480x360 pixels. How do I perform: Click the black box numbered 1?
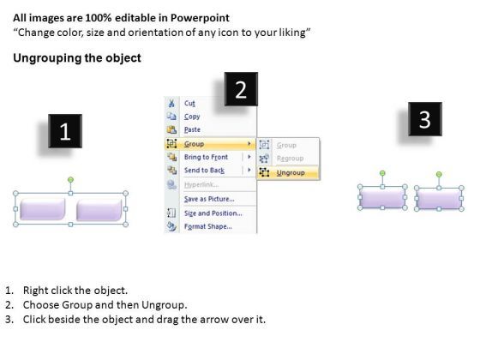click(65, 131)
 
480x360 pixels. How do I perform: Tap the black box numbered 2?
click(241, 89)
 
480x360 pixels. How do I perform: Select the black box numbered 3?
click(425, 119)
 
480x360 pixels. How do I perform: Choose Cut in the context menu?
click(189, 103)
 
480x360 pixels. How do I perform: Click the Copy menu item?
click(192, 117)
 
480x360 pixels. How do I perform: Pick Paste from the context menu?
click(192, 129)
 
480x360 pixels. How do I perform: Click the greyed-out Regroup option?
click(290, 159)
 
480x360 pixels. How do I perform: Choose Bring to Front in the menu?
click(206, 157)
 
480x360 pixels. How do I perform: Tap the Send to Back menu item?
click(204, 171)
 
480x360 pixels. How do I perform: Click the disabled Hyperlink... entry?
click(201, 184)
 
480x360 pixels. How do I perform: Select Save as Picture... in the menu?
click(209, 199)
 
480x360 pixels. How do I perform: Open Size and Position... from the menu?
click(213, 213)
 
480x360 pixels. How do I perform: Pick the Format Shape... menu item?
click(207, 226)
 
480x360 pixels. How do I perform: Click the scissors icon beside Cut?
click(171, 103)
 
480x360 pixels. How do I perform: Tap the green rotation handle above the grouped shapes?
click(70, 179)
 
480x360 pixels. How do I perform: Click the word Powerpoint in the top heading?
click(200, 18)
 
